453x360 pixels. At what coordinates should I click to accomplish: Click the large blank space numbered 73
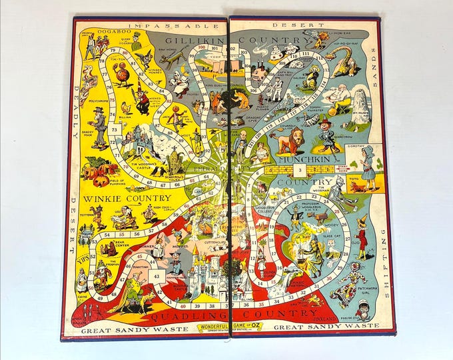coord(115,128)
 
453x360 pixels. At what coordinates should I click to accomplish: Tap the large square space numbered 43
coord(154,277)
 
